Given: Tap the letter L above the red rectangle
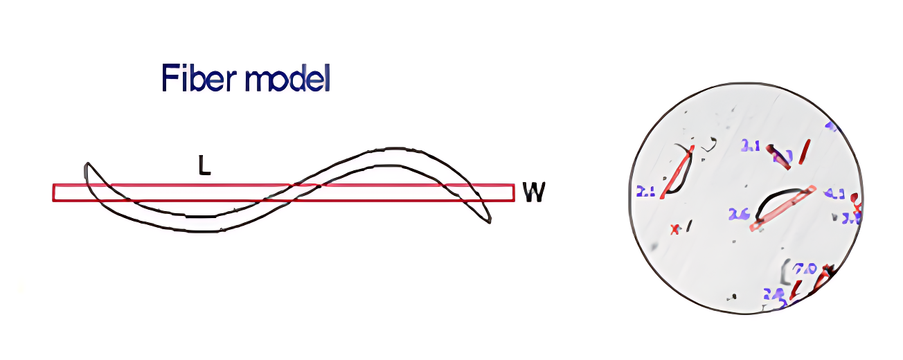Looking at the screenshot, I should [204, 167].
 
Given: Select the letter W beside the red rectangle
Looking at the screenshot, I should [533, 192].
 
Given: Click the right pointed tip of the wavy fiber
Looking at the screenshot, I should [490, 222].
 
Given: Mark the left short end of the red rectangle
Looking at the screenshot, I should [54, 192].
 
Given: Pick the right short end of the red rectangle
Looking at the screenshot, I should [513, 192].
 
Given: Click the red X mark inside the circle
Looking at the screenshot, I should [674, 229].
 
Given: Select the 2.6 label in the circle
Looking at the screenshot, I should [739, 215].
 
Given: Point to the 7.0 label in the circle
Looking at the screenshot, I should [805, 268].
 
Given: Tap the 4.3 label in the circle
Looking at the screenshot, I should [834, 195].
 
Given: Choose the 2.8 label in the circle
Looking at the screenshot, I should [773, 294].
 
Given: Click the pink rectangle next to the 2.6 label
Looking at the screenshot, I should [783, 207].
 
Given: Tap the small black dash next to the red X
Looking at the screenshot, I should [689, 226].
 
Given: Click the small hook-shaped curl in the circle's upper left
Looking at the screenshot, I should [708, 144].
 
